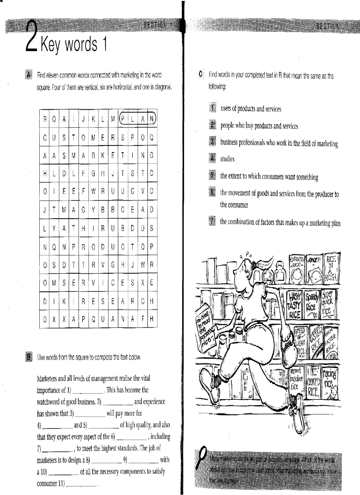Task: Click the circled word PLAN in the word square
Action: (x=138, y=118)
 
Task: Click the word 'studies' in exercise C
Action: (x=228, y=159)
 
